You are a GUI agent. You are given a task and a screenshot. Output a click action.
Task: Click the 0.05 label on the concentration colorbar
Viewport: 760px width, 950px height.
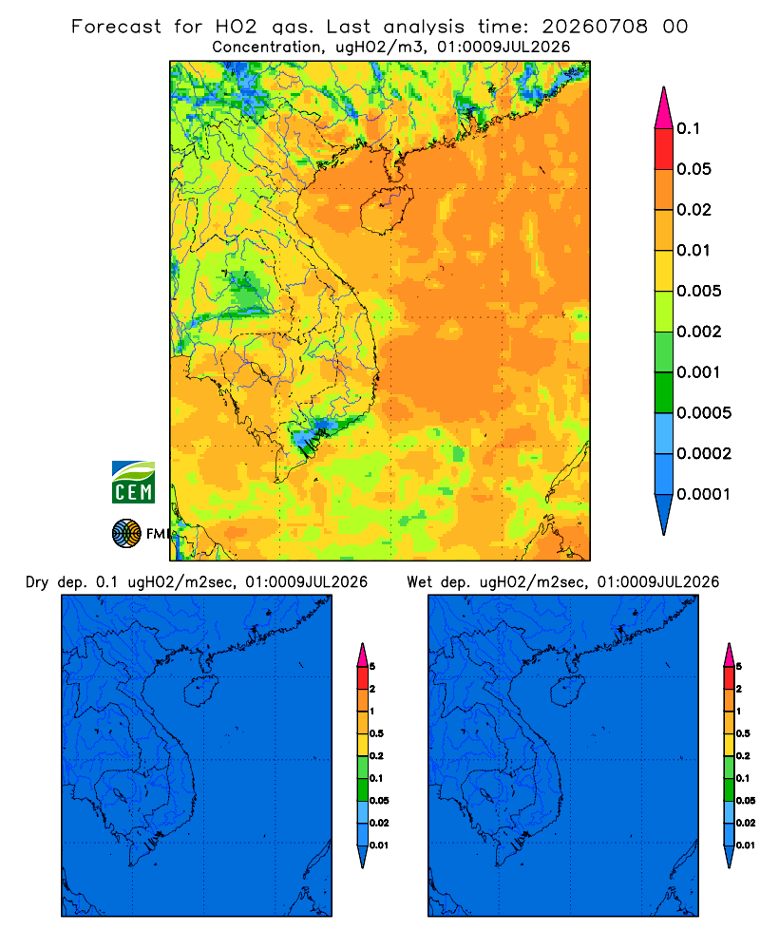[693, 169]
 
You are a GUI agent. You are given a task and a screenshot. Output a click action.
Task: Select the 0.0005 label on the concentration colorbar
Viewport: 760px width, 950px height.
[704, 413]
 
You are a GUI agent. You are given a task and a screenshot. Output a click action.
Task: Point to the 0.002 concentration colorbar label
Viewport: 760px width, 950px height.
[699, 332]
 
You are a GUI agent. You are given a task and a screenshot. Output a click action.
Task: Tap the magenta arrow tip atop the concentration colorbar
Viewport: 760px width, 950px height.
[664, 107]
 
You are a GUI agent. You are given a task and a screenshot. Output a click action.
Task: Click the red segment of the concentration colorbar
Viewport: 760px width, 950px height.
[664, 148]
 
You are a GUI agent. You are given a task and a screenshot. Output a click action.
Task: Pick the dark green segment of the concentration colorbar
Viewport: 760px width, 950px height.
[664, 392]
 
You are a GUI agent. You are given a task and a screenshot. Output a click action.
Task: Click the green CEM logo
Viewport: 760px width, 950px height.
[133, 482]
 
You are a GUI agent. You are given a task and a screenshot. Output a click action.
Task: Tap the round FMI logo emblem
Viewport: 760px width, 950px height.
[126, 533]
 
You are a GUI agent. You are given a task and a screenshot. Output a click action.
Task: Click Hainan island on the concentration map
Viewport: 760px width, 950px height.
[386, 209]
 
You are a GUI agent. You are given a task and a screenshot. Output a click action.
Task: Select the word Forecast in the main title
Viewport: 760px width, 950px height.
[116, 27]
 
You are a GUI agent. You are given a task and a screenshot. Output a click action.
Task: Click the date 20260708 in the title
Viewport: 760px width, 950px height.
[595, 27]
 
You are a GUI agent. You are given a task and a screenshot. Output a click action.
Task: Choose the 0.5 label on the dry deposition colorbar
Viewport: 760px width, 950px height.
[376, 733]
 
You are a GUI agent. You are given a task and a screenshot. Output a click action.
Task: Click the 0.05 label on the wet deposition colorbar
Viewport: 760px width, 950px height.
[746, 800]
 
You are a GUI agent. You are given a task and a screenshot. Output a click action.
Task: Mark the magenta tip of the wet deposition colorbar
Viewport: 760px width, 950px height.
[729, 655]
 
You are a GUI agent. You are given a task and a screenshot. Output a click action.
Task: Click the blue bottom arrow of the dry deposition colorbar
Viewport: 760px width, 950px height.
[362, 856]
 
